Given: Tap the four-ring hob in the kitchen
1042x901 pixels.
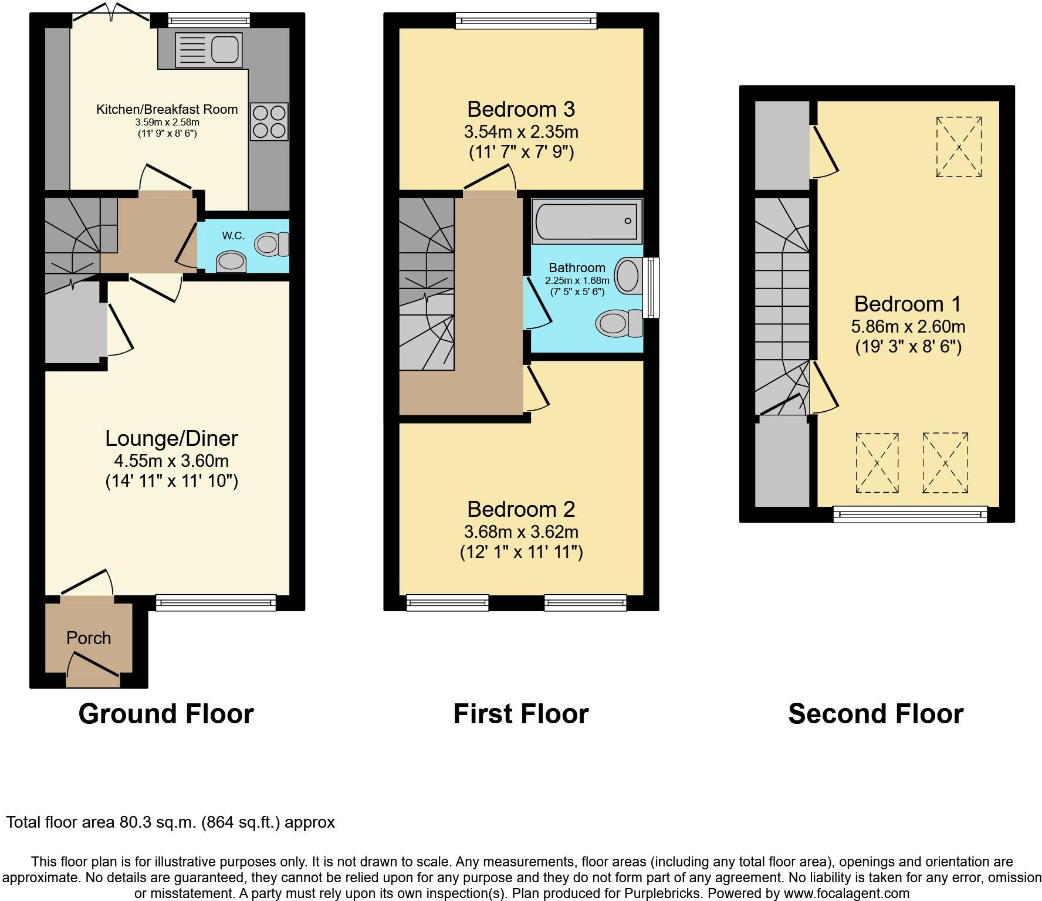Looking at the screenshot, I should (x=269, y=121).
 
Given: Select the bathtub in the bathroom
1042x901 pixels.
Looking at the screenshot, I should (x=586, y=222).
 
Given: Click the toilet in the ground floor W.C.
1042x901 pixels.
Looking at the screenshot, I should (x=273, y=243).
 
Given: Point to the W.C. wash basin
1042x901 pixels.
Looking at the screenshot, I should (x=231, y=262).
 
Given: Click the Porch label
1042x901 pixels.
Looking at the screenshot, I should (x=89, y=638).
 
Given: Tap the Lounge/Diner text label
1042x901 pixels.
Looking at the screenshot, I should (x=171, y=438).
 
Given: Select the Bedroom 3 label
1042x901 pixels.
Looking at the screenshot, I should (x=520, y=109).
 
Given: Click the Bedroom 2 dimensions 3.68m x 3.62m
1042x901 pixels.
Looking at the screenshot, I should (x=521, y=532).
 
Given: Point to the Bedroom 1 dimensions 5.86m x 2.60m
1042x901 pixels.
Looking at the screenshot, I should (x=908, y=327).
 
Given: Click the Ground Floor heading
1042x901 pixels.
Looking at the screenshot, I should (x=166, y=714).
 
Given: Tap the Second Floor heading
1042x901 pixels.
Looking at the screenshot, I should (x=875, y=714).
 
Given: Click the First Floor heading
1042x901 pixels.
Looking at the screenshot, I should (x=520, y=714).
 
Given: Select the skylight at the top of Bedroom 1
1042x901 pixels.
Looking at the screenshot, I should (x=959, y=147).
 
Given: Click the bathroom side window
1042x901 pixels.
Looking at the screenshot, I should (x=650, y=287).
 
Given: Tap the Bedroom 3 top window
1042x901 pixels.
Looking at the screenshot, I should (x=526, y=22).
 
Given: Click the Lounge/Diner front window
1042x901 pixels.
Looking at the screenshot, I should (x=215, y=602).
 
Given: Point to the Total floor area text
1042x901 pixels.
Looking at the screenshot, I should (x=170, y=822).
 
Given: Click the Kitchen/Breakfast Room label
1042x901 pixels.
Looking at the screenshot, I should (x=167, y=109).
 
